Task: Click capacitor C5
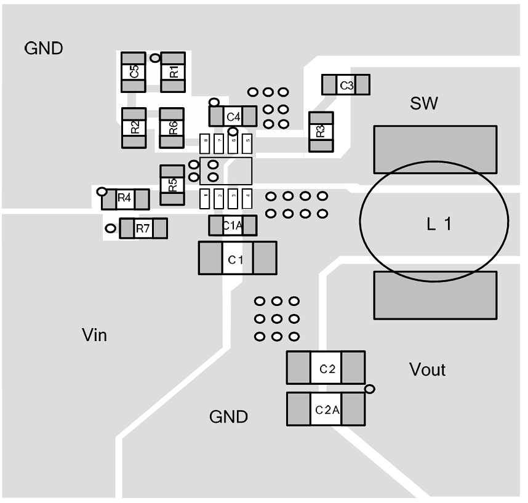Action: [x=134, y=72]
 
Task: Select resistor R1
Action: [x=173, y=72]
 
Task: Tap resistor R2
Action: [x=134, y=128]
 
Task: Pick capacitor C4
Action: [x=233, y=116]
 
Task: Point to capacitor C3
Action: [x=346, y=85]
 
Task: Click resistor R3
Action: [x=321, y=132]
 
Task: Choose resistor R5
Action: [x=172, y=185]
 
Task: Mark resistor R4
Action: [x=125, y=199]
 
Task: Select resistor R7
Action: [x=143, y=228]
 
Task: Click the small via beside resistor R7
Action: [x=110, y=228]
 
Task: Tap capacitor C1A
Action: [x=233, y=226]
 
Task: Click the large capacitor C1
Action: [x=237, y=258]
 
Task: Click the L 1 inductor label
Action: [x=439, y=225]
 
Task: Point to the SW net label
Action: [x=424, y=103]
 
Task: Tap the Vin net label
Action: [x=94, y=335]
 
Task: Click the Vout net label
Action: [x=427, y=369]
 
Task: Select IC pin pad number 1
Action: [x=206, y=198]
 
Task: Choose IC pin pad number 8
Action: [x=206, y=143]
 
